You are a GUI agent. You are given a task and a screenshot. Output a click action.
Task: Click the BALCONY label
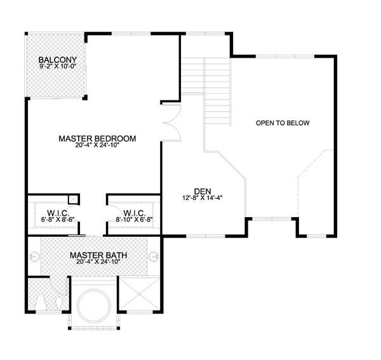coord(58,60)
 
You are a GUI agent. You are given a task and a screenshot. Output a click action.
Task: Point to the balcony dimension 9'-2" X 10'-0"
coord(58,66)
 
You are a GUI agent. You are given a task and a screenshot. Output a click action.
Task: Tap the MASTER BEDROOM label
coord(97,138)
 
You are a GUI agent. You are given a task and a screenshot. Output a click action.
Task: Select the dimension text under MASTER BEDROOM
coord(97,145)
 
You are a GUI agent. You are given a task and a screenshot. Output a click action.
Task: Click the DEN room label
coord(203,191)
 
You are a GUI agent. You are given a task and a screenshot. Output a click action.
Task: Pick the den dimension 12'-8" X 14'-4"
coord(203,198)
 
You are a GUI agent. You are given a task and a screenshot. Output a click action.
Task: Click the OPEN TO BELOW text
coord(283,123)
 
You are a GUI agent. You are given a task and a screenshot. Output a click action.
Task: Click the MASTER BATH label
coord(98,255)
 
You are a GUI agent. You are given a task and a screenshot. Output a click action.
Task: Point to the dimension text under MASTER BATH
coord(98,262)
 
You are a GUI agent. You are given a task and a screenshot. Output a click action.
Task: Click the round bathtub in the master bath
coord(94,306)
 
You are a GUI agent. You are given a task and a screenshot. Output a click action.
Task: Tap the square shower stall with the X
coord(138,294)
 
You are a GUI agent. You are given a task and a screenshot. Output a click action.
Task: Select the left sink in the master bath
coord(34,257)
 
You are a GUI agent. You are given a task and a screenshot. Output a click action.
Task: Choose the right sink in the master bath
coord(154,257)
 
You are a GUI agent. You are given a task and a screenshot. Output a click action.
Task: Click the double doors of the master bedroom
coord(172,123)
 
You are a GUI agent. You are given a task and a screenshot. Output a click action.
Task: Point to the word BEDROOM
coord(115,138)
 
